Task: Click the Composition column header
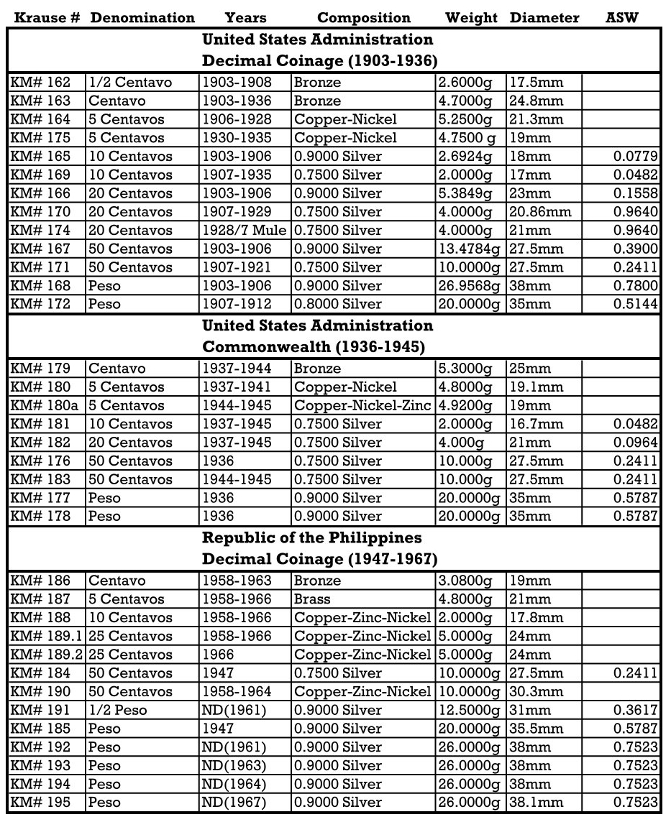[363, 18]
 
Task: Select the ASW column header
[622, 18]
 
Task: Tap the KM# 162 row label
[40, 83]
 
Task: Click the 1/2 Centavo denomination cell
[130, 83]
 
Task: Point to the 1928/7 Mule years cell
[245, 231]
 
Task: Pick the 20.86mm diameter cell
[540, 212]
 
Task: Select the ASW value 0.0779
[636, 157]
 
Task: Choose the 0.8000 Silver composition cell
[338, 305]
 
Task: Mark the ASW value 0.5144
[636, 305]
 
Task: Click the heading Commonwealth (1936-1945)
[313, 348]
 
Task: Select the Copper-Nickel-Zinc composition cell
[363, 406]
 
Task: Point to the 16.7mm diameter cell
[537, 425]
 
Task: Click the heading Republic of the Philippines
[311, 538]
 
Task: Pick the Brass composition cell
[313, 599]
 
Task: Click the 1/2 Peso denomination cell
[118, 711]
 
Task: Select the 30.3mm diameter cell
[537, 692]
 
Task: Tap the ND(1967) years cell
[234, 803]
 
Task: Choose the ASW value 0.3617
[636, 711]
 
